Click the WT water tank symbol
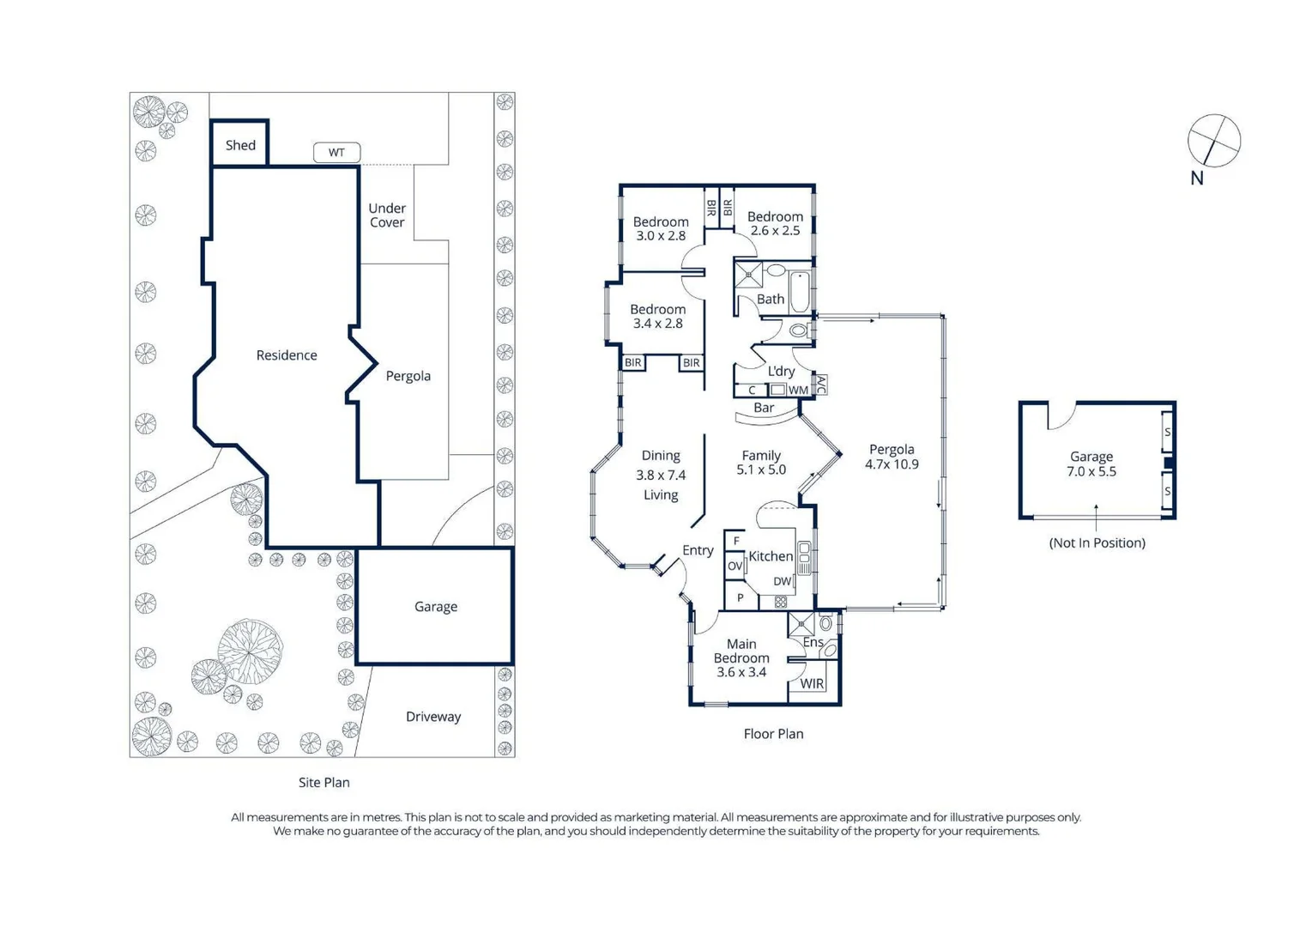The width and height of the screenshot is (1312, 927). (336, 152)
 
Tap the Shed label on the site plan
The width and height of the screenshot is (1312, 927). (241, 145)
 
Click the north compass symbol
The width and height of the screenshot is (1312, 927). (1214, 141)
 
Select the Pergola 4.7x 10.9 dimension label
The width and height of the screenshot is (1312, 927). (892, 457)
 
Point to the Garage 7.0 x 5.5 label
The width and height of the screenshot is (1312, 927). (1091, 464)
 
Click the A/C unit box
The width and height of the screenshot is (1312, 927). (820, 385)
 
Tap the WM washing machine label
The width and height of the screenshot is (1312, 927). (798, 391)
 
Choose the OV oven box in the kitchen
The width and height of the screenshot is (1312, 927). (735, 566)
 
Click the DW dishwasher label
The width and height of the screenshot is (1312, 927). (783, 581)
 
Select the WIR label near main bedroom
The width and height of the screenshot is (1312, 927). (812, 683)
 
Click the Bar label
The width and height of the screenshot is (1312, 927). (764, 407)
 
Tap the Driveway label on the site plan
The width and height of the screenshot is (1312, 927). (433, 717)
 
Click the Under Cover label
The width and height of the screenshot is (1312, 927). (387, 215)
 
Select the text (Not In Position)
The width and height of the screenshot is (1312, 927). (1097, 542)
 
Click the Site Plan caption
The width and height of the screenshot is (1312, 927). (323, 782)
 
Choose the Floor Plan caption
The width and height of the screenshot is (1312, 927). (773, 734)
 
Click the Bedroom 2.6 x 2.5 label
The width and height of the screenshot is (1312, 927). (775, 223)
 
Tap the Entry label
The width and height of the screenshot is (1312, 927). (698, 550)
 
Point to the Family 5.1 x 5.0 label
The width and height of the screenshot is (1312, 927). (761, 463)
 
